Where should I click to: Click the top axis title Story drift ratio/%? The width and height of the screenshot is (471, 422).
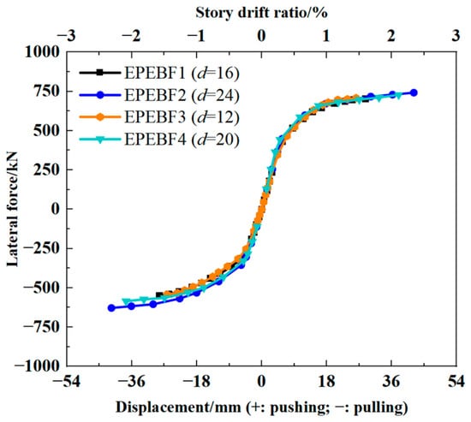coord(261,13)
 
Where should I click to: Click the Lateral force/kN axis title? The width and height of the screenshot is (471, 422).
coord(13,209)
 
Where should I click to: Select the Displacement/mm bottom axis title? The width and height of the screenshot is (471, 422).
coord(262,407)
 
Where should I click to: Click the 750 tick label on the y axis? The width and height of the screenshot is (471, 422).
coord(46,92)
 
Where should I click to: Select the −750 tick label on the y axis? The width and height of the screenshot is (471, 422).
coord(42,326)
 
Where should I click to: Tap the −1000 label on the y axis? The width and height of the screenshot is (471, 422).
coord(38,366)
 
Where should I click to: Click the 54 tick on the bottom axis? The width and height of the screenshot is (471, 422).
coord(456,382)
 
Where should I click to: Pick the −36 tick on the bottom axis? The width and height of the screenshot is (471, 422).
coord(132,382)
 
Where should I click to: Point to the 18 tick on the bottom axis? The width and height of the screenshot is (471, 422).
coord(326,382)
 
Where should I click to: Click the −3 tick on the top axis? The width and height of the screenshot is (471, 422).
coord(67,36)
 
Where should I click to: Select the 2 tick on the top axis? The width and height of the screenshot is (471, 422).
coord(391,36)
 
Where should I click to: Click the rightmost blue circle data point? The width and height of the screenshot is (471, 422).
coord(414,92)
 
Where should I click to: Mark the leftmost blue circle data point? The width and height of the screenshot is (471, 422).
coord(111,308)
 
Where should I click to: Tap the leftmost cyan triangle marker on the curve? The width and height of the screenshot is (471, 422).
coord(127,301)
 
